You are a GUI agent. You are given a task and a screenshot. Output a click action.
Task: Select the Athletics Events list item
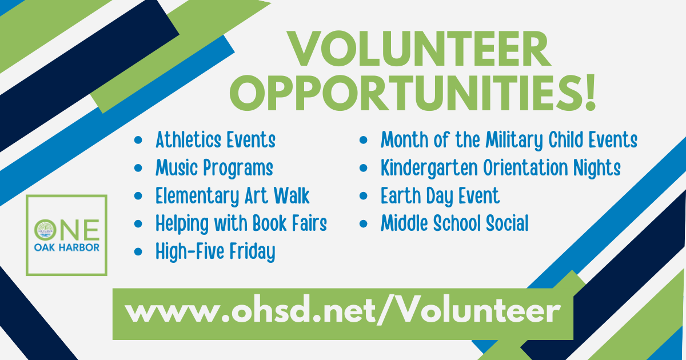coord(216,139)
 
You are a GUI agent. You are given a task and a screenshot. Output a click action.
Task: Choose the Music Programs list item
coord(214,168)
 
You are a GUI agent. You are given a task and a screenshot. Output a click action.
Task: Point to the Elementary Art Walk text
coord(233,196)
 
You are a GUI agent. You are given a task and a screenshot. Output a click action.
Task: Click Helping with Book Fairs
coord(241,223)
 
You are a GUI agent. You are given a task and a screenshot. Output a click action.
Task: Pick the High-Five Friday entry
coord(216,251)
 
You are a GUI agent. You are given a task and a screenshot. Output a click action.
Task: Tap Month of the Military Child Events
coord(509,139)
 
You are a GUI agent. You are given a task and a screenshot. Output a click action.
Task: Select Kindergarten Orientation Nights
coord(501,168)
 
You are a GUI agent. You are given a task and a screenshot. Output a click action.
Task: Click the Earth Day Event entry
coord(440,196)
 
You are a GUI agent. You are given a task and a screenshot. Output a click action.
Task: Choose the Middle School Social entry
coord(454,223)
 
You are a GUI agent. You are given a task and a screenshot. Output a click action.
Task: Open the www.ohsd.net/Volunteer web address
coord(342,312)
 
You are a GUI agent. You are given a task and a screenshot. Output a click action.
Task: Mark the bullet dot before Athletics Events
coord(138,141)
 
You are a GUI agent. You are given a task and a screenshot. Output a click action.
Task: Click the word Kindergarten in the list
coord(429,168)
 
